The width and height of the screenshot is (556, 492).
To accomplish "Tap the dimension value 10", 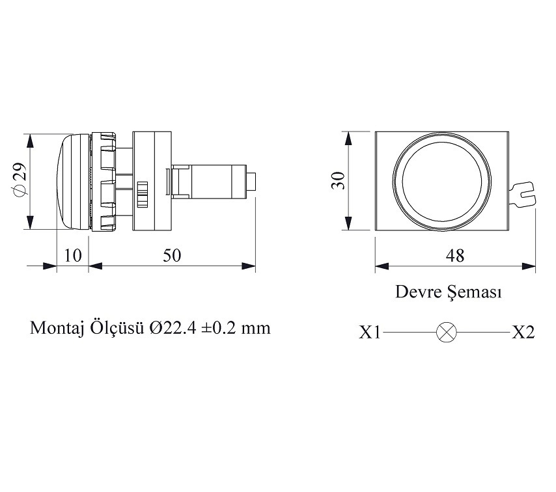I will click(x=73, y=255).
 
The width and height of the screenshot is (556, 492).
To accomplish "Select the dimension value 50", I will click(x=172, y=255).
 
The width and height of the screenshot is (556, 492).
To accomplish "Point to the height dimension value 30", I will click(x=337, y=181).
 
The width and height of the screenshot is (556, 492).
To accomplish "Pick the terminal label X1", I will click(x=369, y=333).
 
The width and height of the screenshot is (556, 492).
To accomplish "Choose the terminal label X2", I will click(x=523, y=333).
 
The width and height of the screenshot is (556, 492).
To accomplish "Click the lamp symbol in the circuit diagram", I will click(x=446, y=333).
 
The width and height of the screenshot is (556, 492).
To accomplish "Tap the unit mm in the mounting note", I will click(x=256, y=327).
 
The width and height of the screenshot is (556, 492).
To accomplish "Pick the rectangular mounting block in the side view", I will click(x=151, y=182).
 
